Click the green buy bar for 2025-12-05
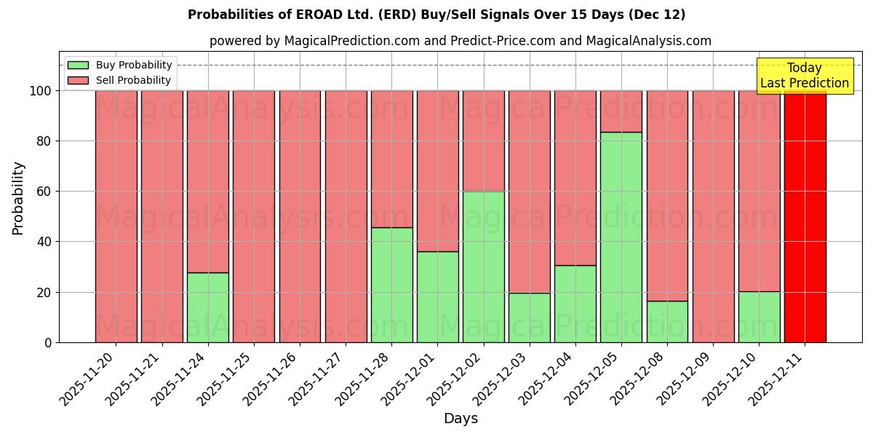[x=621, y=237]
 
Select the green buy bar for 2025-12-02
[x=484, y=267]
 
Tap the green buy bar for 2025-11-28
[x=391, y=285]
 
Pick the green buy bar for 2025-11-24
[x=208, y=307]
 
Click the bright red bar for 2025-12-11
[x=805, y=216]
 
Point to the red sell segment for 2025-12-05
[x=621, y=111]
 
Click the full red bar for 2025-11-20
[x=116, y=216]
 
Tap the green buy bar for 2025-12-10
[x=759, y=317]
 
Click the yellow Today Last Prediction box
[x=804, y=76]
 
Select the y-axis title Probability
[x=18, y=198]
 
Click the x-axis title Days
[x=461, y=419]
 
